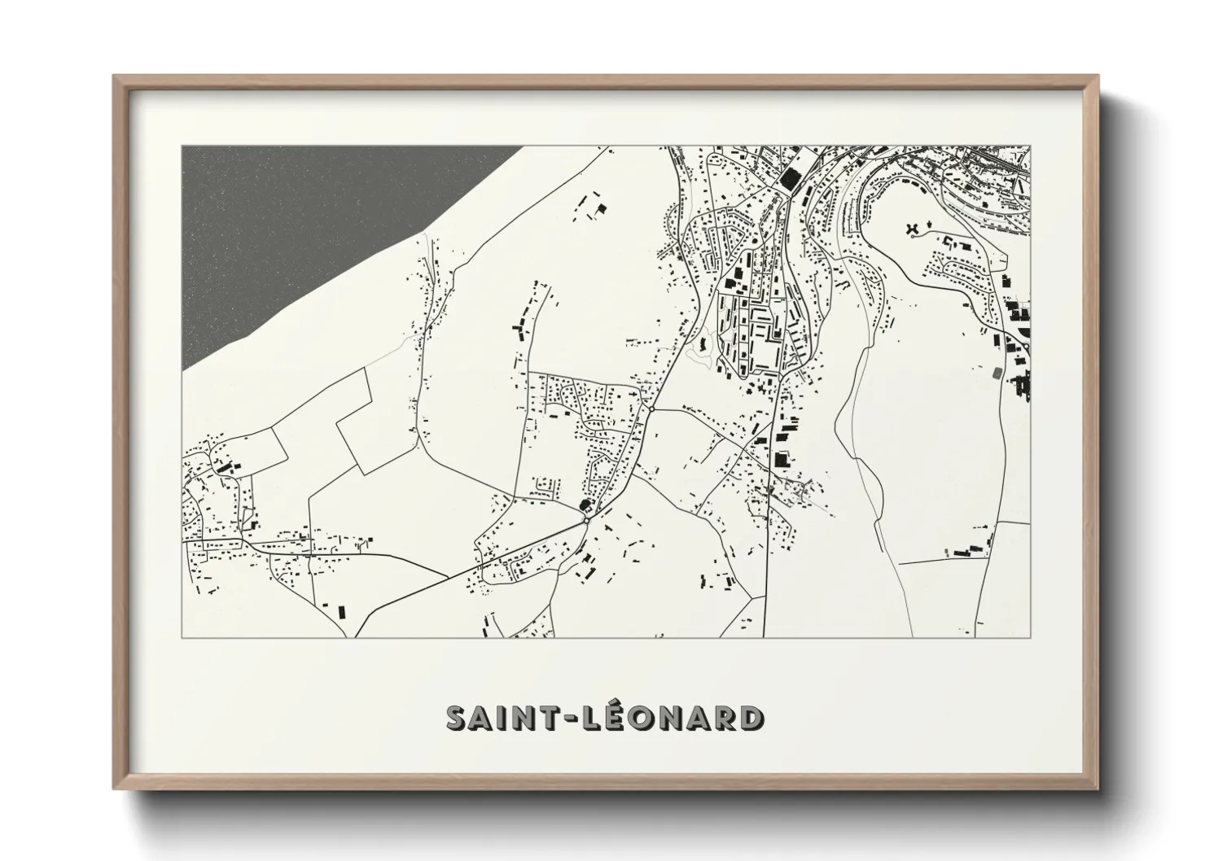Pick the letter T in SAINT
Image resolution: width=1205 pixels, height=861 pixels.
552,719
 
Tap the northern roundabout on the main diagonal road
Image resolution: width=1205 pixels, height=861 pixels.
651,409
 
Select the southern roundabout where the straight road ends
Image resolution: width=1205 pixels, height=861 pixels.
587,519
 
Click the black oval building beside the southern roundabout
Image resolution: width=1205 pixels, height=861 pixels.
583,505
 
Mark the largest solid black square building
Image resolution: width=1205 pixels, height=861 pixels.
789,179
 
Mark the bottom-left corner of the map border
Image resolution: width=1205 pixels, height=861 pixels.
182,637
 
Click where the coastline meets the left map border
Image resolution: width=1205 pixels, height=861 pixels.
182,372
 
